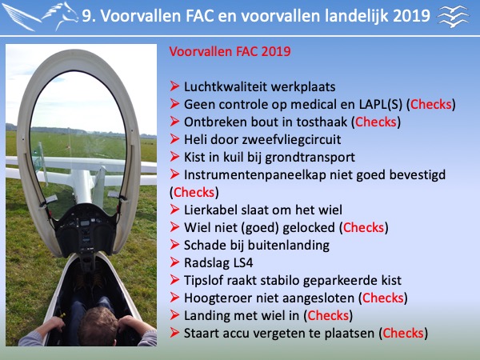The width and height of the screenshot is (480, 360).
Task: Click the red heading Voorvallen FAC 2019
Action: pos(230,51)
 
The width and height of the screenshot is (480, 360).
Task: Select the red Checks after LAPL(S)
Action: pos(430,104)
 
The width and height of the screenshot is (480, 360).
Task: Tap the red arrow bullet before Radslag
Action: pos(174,262)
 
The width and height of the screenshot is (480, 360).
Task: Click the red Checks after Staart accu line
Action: pos(403,334)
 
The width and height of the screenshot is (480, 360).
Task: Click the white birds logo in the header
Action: pos(454,16)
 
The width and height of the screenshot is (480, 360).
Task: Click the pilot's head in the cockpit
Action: pos(98,326)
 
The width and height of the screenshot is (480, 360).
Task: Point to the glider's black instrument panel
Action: pos(85,227)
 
